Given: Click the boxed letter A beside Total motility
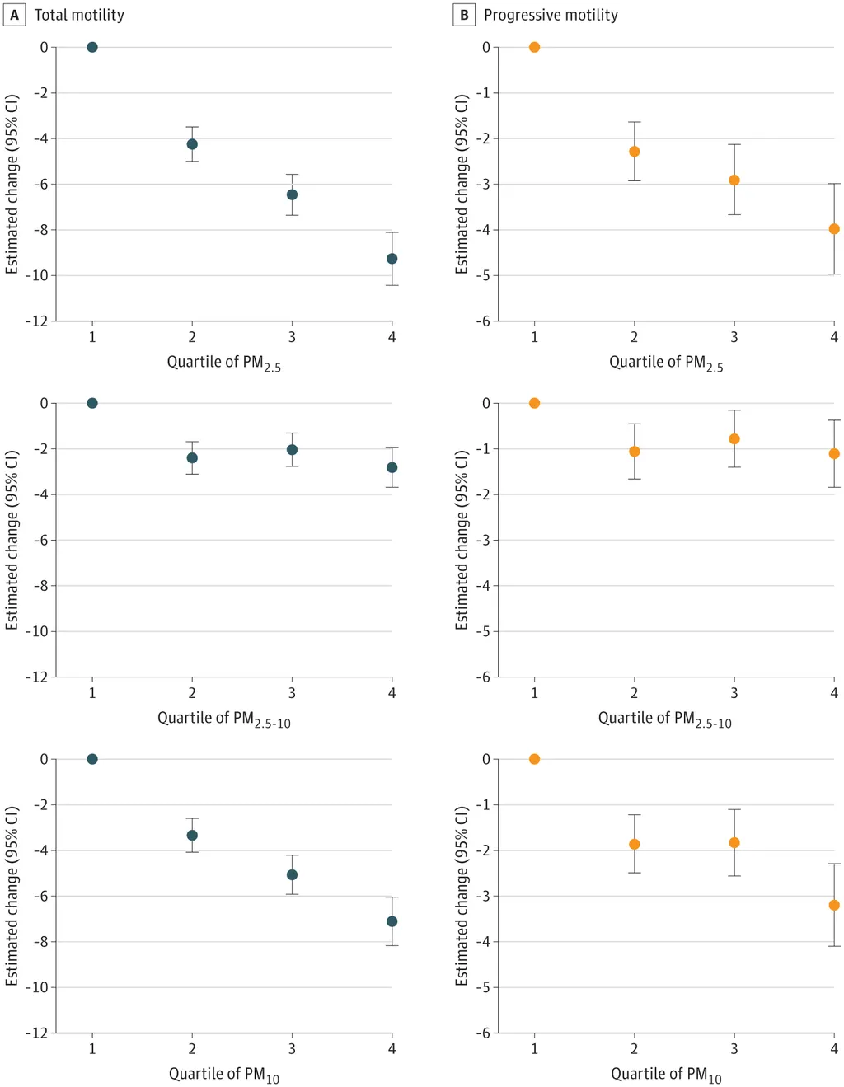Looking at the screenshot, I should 14,15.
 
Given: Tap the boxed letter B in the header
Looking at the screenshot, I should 464,15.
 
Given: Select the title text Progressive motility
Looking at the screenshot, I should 551,15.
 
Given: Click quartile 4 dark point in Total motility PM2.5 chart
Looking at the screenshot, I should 392,259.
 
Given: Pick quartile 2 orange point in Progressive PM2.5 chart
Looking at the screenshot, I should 635,152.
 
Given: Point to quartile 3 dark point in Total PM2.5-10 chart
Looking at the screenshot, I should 292,450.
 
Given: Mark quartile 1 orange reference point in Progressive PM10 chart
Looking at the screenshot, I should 534,759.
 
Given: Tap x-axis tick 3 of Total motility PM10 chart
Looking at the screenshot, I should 292,1049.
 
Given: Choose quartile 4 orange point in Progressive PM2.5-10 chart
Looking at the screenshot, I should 834,453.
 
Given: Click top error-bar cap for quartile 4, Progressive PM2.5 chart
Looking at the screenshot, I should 834,184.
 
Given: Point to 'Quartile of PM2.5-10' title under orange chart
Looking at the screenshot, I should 664,719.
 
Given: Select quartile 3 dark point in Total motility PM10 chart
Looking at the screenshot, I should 292,874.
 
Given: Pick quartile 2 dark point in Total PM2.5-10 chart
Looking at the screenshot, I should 192,457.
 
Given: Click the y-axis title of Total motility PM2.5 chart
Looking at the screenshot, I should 12,184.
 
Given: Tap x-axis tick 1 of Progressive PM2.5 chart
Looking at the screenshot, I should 534,337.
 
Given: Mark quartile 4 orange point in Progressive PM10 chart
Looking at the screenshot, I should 834,905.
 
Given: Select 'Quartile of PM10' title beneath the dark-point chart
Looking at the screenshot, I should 223,1075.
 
